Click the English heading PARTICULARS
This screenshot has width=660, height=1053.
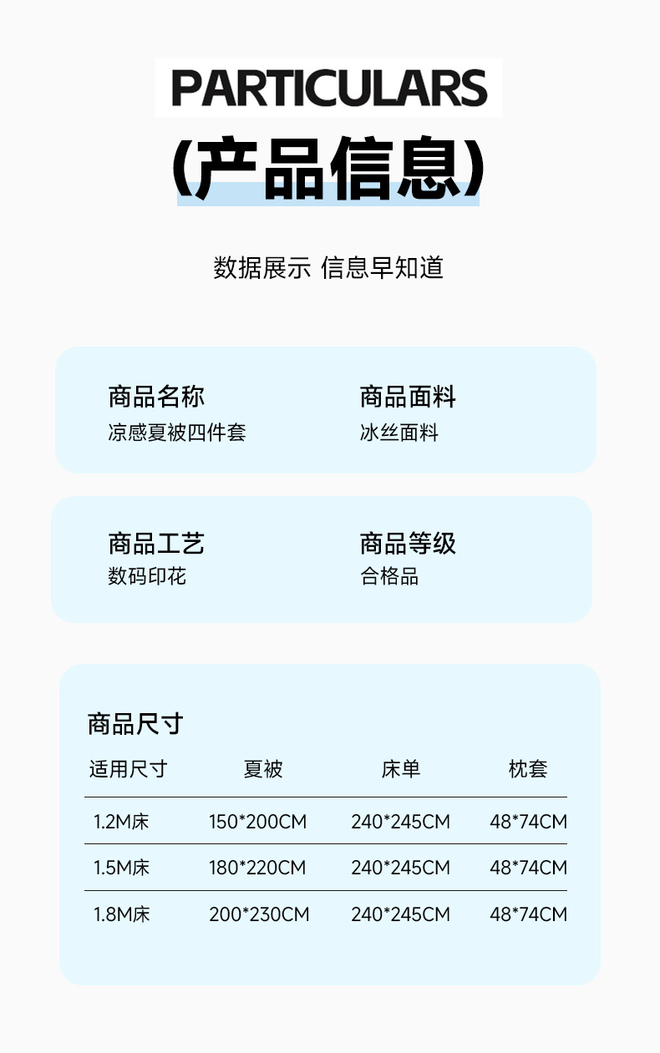[x=329, y=89]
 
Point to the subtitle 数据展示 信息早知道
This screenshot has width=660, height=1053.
[x=328, y=268]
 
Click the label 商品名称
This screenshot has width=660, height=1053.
[x=156, y=397]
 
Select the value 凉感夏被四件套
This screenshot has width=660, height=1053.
[x=177, y=433]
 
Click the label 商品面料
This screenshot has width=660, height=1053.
[x=408, y=397]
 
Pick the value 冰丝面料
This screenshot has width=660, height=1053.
[x=399, y=433]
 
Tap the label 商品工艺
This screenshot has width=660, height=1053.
[x=156, y=544]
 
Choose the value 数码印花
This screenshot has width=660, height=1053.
[x=147, y=576]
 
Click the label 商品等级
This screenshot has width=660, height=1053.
[x=408, y=544]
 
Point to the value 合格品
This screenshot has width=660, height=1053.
[x=389, y=576]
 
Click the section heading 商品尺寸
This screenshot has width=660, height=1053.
[x=135, y=723]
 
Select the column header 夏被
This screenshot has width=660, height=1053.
[x=263, y=769]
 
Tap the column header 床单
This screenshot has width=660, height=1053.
[x=401, y=769]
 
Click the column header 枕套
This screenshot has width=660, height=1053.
[x=528, y=769]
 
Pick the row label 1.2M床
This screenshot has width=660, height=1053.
[x=122, y=822]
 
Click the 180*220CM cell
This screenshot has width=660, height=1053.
[x=257, y=868]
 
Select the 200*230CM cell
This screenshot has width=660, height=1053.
[x=259, y=914]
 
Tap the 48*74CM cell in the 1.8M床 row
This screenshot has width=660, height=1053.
[x=528, y=914]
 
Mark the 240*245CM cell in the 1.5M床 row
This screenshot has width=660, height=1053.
[x=400, y=868]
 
